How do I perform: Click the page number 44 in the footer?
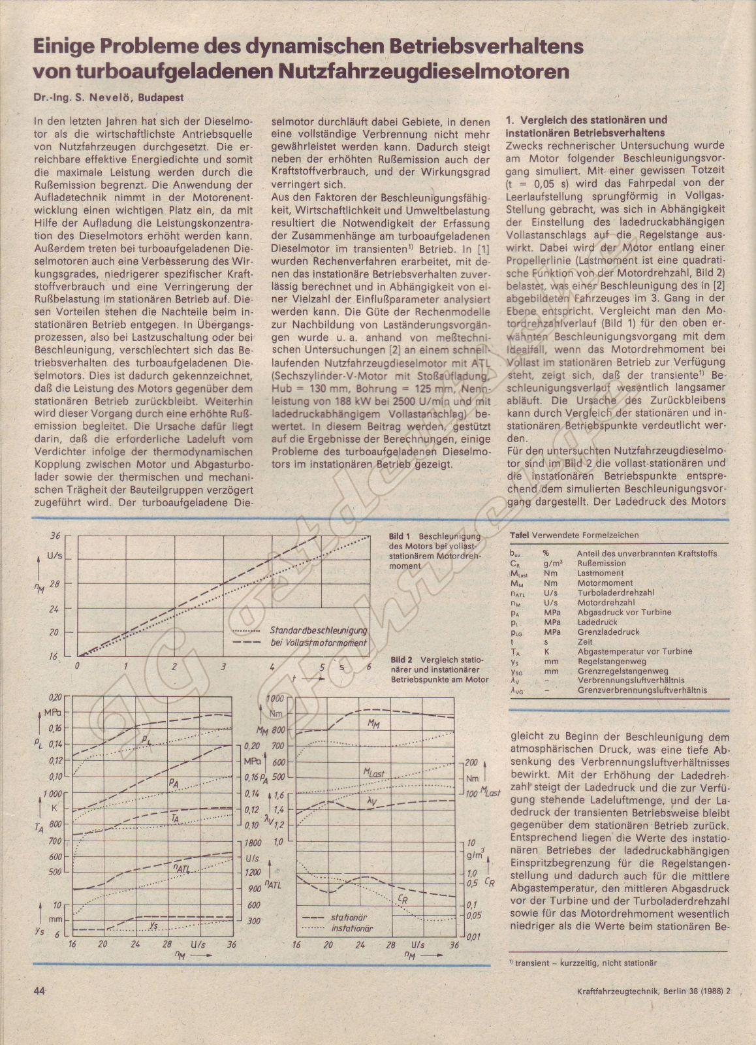[x=39, y=990]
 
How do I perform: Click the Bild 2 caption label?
[x=402, y=660]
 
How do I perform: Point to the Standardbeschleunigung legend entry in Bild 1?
[x=318, y=630]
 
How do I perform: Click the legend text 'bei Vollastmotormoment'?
[x=318, y=643]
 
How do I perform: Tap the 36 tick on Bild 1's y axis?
[x=55, y=535]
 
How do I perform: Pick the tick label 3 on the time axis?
[x=223, y=666]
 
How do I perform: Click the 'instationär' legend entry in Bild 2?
[x=351, y=927]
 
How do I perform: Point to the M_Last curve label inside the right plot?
[x=373, y=773]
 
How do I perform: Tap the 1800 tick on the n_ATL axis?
[x=253, y=843]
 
